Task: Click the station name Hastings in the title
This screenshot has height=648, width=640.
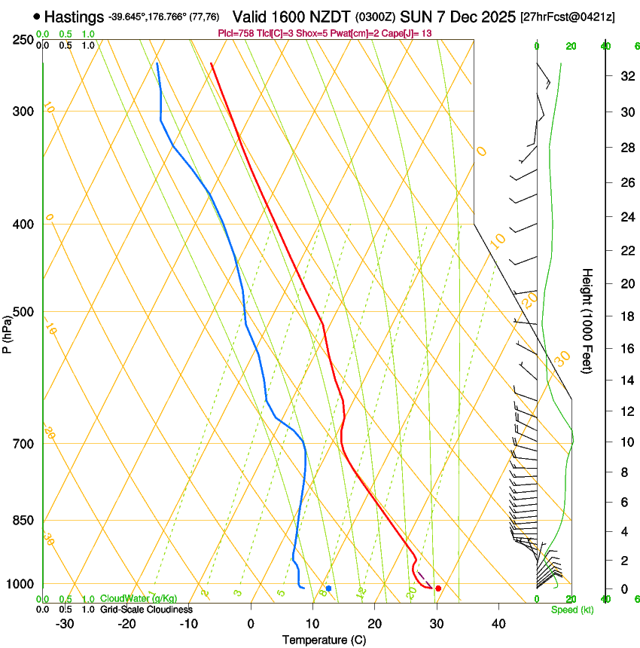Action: point(74,17)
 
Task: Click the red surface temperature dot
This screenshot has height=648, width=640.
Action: point(438,588)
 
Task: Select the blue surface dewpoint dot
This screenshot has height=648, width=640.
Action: point(328,588)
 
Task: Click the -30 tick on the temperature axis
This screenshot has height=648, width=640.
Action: point(65,624)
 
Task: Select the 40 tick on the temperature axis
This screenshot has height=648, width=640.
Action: point(498,624)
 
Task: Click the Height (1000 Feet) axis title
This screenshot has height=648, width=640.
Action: point(588,320)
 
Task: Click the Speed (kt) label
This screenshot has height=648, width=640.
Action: point(571,610)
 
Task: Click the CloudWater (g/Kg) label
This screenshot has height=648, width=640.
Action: point(139,599)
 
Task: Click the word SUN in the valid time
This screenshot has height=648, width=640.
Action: point(413,17)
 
